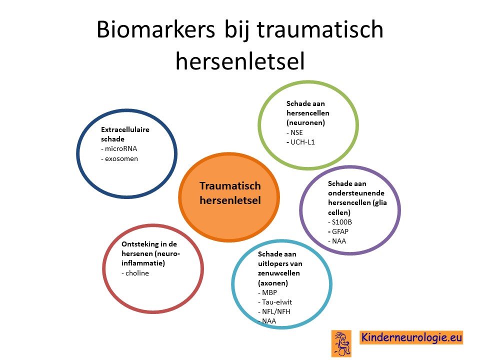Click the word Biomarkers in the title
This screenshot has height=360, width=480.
pos(156,29)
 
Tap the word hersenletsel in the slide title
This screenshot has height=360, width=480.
pos(240,61)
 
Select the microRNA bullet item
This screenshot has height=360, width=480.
pos(119,149)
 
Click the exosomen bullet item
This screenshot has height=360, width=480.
pos(119,158)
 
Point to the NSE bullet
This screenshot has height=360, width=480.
pos(294,132)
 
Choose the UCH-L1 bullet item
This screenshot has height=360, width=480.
pos(300,142)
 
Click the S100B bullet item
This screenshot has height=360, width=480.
pos(340,222)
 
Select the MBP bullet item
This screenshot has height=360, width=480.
pos(267,292)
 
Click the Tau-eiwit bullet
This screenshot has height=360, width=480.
pos(275,302)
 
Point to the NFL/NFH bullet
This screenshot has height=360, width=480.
pos(274,311)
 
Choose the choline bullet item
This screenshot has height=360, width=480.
pos(135,273)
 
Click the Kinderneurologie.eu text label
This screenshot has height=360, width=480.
pos(411,337)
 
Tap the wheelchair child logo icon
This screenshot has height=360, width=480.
pos(341,343)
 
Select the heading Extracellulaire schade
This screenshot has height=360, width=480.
pos(125,134)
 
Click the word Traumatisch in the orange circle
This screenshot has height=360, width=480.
pos(230,186)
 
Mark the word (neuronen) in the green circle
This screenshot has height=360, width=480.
pos(306,123)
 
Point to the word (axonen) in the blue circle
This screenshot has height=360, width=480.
pos(273,283)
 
